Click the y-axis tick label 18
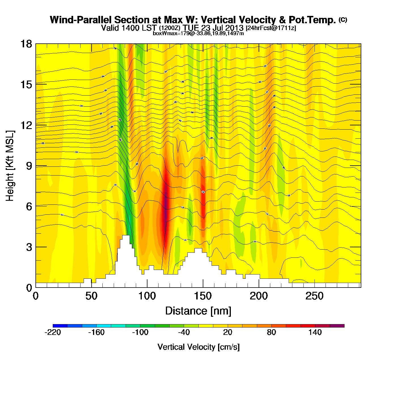point(26,44)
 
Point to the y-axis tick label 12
point(26,125)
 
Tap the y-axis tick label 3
point(29,247)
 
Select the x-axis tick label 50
point(91,296)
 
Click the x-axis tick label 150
point(203,296)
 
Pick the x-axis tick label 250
point(314,296)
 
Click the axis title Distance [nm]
point(198,311)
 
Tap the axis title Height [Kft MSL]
point(10,166)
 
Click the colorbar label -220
point(53,332)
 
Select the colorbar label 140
point(315,332)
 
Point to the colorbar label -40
point(184,332)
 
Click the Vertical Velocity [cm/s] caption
point(198,347)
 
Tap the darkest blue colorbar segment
point(60,326)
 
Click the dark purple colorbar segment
point(337,326)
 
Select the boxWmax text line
point(198,33)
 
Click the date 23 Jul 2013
point(222,28)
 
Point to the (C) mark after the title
point(343,20)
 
